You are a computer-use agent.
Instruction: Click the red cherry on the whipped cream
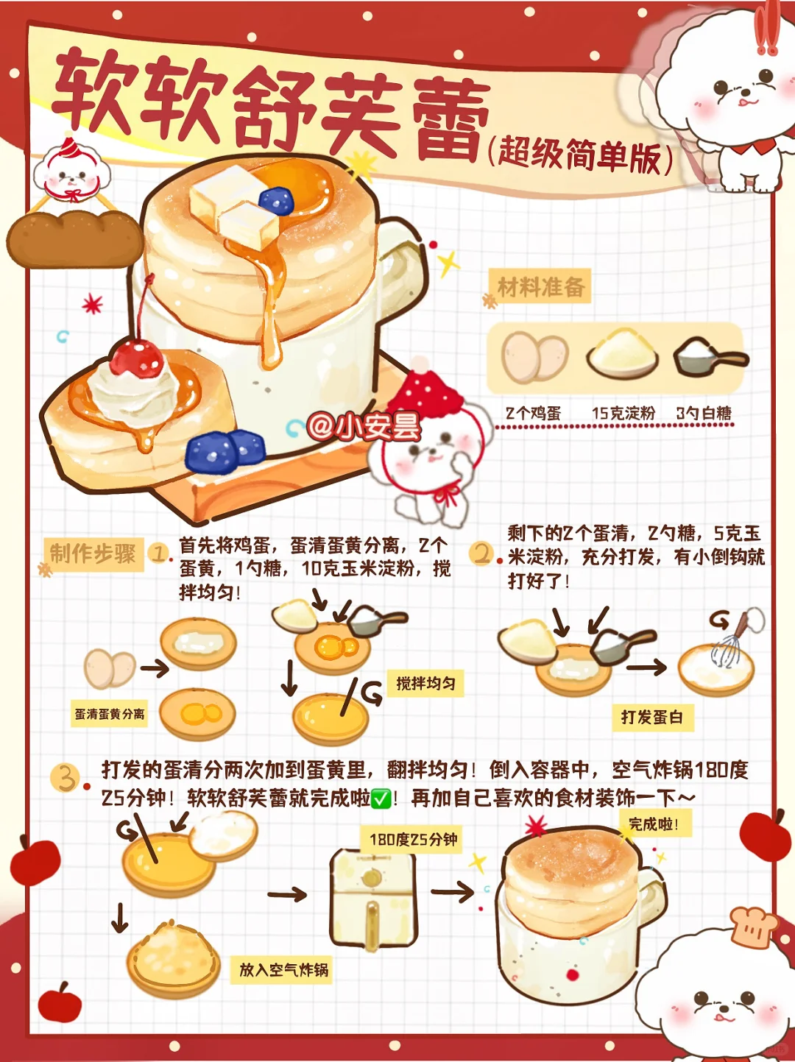[136, 359]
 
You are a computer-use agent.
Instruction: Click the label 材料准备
[541, 286]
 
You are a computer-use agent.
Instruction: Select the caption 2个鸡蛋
[533, 413]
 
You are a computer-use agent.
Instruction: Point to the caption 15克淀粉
[623, 413]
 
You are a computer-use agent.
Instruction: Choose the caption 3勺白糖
[704, 413]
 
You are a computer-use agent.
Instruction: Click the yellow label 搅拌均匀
[425, 683]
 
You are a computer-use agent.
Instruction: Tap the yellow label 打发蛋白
[652, 717]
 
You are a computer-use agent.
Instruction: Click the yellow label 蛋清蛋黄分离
[110, 714]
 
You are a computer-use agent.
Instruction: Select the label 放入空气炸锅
[283, 969]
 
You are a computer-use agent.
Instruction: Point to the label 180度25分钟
[413, 840]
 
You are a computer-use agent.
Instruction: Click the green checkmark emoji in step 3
[381, 799]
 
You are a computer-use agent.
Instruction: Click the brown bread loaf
[75, 238]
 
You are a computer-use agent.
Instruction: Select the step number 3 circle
[65, 777]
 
